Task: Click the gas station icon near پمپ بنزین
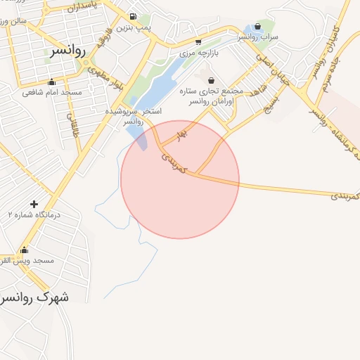pos(133,16)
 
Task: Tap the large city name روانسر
pos(69,51)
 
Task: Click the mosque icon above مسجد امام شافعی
pos(51,82)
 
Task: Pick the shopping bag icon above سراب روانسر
pos(257,27)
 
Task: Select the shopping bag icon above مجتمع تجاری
pos(211,80)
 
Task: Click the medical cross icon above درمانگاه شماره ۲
pos(34,203)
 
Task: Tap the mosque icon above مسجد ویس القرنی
pos(25,250)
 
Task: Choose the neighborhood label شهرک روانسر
pos(35,297)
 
